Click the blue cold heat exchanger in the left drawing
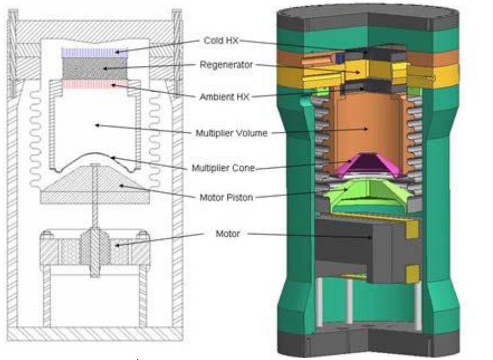click(95, 52)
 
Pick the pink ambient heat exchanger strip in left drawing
click(95, 84)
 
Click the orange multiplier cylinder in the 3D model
click(366, 127)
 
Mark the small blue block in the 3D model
click(339, 58)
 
